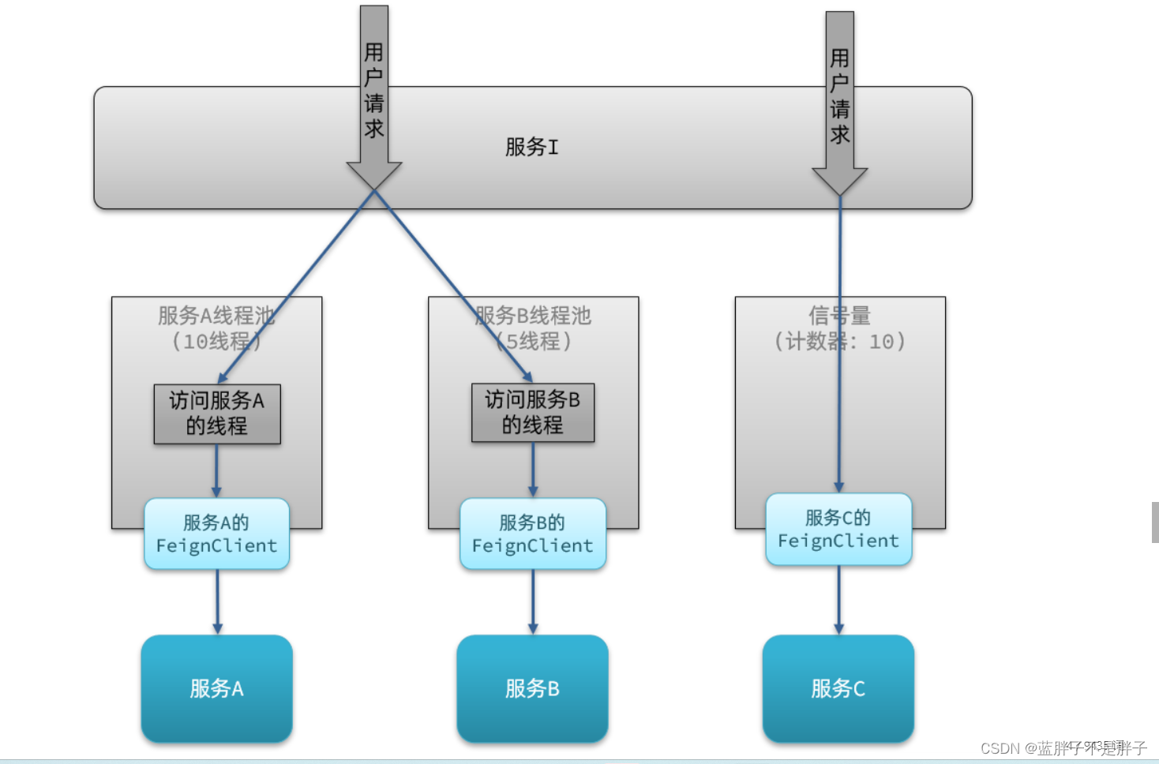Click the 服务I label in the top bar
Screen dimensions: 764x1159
point(531,147)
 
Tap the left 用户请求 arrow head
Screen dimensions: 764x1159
point(374,175)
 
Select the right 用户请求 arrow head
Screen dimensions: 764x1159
point(839,181)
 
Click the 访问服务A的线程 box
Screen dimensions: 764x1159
point(217,414)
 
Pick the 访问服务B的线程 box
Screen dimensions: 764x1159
point(533,413)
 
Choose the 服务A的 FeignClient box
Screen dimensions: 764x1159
point(217,534)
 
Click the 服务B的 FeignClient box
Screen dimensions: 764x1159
point(533,534)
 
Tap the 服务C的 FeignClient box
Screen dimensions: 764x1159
point(838,530)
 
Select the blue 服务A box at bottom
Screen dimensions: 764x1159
point(217,688)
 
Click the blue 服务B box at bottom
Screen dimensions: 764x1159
point(533,688)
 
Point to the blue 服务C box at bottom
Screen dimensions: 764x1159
point(838,688)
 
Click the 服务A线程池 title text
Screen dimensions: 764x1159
point(216,316)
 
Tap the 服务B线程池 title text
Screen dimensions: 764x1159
point(533,316)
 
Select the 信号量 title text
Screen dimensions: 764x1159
point(839,316)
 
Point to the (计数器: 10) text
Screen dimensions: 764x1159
point(839,342)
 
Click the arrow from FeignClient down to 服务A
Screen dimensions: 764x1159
point(217,602)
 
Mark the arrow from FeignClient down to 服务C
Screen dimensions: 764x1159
point(838,600)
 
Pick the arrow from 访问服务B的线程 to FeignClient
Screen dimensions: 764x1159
point(533,470)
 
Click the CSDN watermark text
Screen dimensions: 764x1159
point(1063,747)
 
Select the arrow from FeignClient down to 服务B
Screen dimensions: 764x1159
point(533,602)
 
